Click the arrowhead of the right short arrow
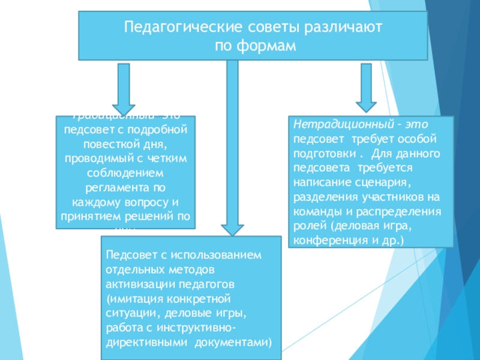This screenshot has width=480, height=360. (367, 100)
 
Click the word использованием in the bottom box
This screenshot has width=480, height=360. (223, 255)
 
